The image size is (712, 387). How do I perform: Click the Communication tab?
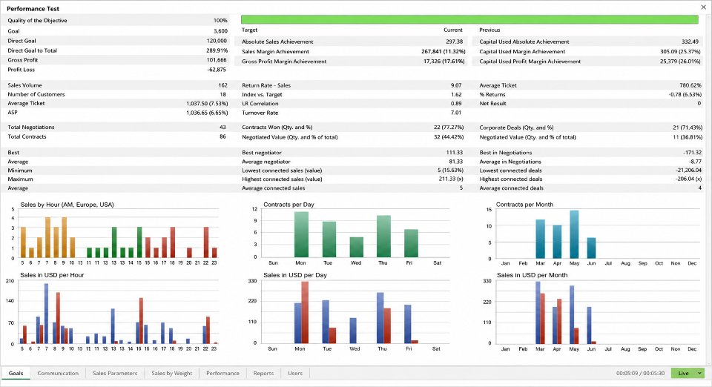pyautogui.click(x=58, y=374)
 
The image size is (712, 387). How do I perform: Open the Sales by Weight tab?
pyautogui.click(x=171, y=374)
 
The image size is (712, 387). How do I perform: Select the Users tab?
pyautogui.click(x=295, y=374)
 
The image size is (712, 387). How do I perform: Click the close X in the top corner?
pyautogui.click(x=703, y=7)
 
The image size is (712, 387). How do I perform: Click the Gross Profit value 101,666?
pyautogui.click(x=217, y=60)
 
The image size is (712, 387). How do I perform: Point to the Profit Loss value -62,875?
pyautogui.click(x=217, y=70)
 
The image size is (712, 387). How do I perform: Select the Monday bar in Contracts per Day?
pyautogui.click(x=301, y=234)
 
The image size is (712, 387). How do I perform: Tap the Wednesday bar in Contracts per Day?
pyautogui.click(x=357, y=248)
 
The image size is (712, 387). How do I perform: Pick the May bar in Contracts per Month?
pyautogui.click(x=574, y=234)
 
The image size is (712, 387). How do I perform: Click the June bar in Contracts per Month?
pyautogui.click(x=591, y=248)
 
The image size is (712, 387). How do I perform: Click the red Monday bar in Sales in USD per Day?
pyautogui.click(x=305, y=312)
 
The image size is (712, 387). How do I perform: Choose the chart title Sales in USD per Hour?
pyautogui.click(x=52, y=275)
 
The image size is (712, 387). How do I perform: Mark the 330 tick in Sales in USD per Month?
pyautogui.click(x=487, y=281)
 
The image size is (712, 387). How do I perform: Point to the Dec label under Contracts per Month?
pyautogui.click(x=692, y=263)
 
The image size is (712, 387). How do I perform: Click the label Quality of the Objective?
pyautogui.click(x=37, y=21)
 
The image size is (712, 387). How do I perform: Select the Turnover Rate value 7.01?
pyautogui.click(x=456, y=113)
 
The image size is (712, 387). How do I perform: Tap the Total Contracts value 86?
pyautogui.click(x=222, y=136)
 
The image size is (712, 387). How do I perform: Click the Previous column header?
pyautogui.click(x=489, y=30)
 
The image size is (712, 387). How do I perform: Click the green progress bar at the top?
pyautogui.click(x=469, y=19)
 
